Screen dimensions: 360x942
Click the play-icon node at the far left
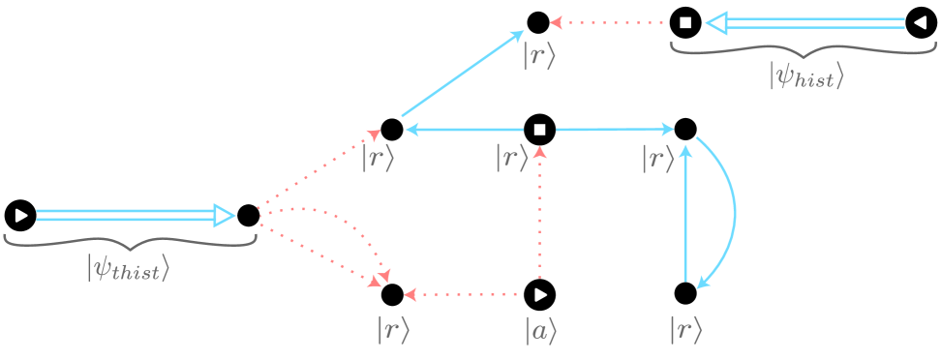(20, 215)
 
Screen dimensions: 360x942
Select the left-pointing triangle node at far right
(921, 22)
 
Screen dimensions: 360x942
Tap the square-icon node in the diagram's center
(539, 129)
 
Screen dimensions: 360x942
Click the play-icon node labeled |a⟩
(539, 292)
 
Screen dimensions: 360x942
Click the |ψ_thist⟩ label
(129, 266)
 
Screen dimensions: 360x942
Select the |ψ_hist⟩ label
(806, 75)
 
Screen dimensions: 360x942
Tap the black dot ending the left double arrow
(248, 215)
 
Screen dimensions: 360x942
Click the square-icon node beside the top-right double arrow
(684, 22)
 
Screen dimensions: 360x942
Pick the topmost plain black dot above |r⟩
(538, 22)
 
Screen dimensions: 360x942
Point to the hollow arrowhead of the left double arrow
(224, 215)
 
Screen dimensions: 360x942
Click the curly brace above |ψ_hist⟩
(805, 49)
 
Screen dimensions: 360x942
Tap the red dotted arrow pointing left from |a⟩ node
(465, 292)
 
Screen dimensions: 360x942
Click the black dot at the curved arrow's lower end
(684, 292)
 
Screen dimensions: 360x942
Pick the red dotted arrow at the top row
(610, 22)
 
